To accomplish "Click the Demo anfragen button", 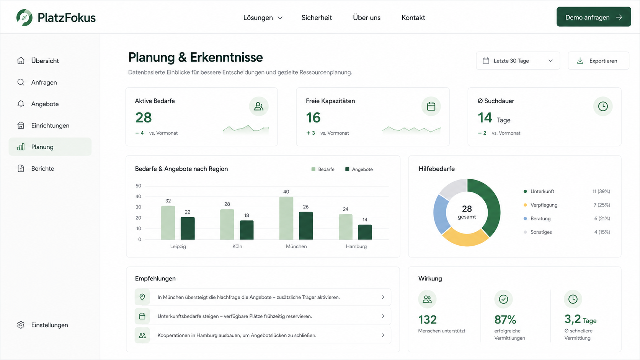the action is (x=593, y=17).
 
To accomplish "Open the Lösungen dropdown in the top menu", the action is (x=263, y=18).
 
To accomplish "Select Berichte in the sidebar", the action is (x=42, y=168).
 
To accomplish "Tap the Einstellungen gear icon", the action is (x=21, y=325).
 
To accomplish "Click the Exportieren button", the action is (x=598, y=61).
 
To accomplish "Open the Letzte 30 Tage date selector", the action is (x=518, y=61).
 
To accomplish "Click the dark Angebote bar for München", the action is (x=306, y=226).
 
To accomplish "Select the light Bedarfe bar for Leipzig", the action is (x=168, y=223).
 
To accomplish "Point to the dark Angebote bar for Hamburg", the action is (x=365, y=232).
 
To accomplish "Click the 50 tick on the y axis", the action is (x=138, y=186).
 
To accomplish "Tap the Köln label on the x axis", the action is (x=237, y=246).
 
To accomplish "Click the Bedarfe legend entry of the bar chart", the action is (x=323, y=169).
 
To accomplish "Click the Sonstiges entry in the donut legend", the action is (x=541, y=232).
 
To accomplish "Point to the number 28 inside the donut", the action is (x=467, y=209).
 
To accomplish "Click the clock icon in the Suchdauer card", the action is (x=603, y=106).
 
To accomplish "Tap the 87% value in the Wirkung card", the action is (x=505, y=320).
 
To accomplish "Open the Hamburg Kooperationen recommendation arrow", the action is (x=383, y=335).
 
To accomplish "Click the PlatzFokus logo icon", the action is (x=24, y=18).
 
